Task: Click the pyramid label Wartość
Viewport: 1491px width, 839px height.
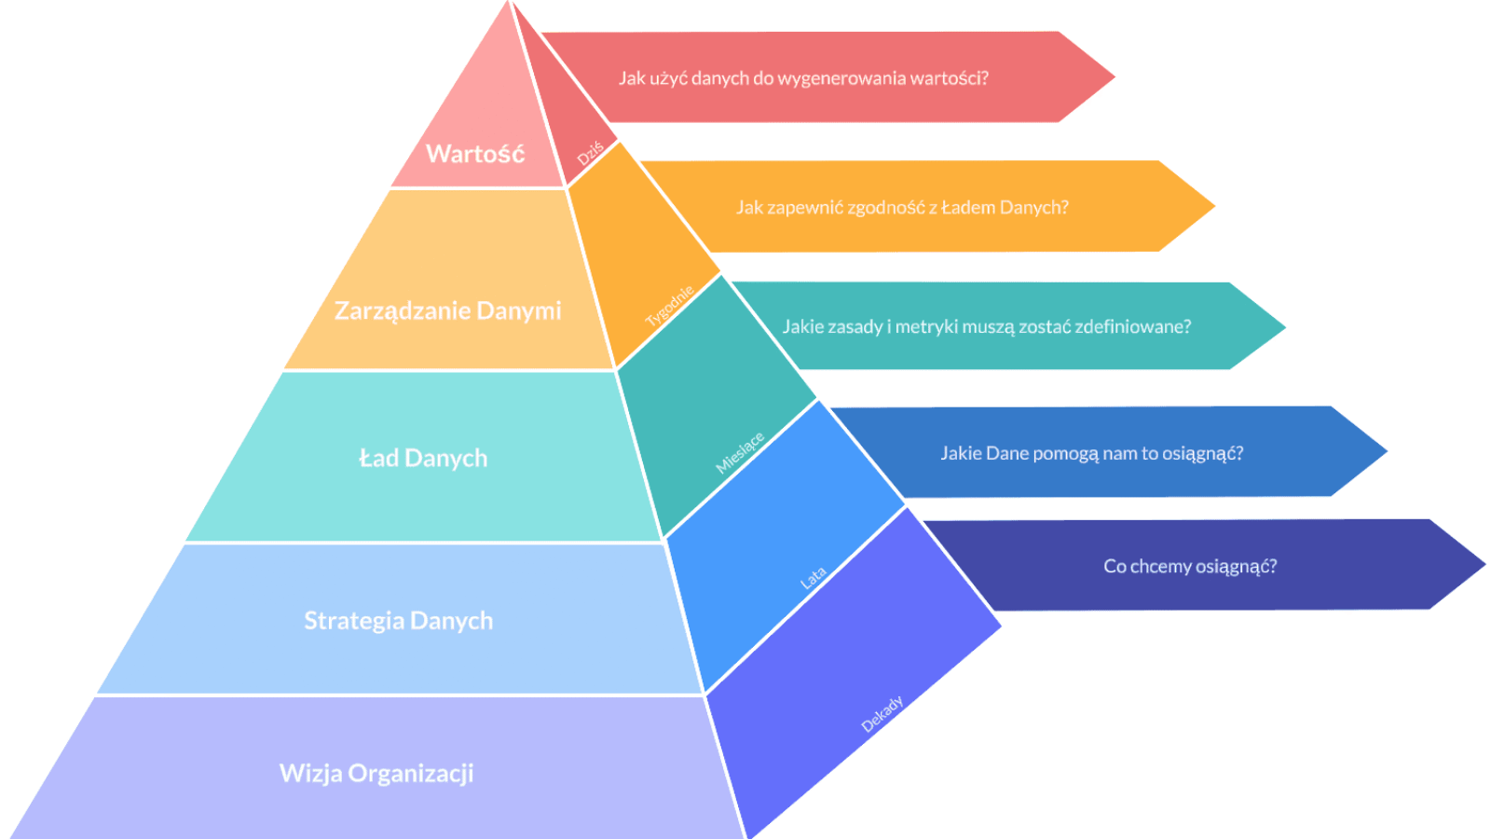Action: pos(475,154)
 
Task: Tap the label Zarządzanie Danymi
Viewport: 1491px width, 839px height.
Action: pos(447,310)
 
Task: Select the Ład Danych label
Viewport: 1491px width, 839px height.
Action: pos(423,458)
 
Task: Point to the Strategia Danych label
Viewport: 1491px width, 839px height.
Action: pos(398,621)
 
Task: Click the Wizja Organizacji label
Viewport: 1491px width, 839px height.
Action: pos(376,773)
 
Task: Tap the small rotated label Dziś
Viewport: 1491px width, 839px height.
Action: pos(590,154)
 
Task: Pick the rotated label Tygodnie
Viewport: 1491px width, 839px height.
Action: pos(670,306)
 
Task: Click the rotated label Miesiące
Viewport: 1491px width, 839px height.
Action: pos(740,453)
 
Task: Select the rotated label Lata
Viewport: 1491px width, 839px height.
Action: pos(813,578)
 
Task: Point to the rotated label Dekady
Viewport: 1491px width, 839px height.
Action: pos(882,714)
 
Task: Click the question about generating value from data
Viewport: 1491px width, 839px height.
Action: pos(803,78)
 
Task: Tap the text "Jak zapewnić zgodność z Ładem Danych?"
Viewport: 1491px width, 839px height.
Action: pos(902,207)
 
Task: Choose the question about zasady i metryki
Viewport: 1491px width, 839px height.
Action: pos(986,326)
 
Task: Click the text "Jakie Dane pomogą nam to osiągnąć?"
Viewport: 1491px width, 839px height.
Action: pos(1091,453)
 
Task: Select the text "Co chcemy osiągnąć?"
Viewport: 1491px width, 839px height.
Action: pos(1190,566)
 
